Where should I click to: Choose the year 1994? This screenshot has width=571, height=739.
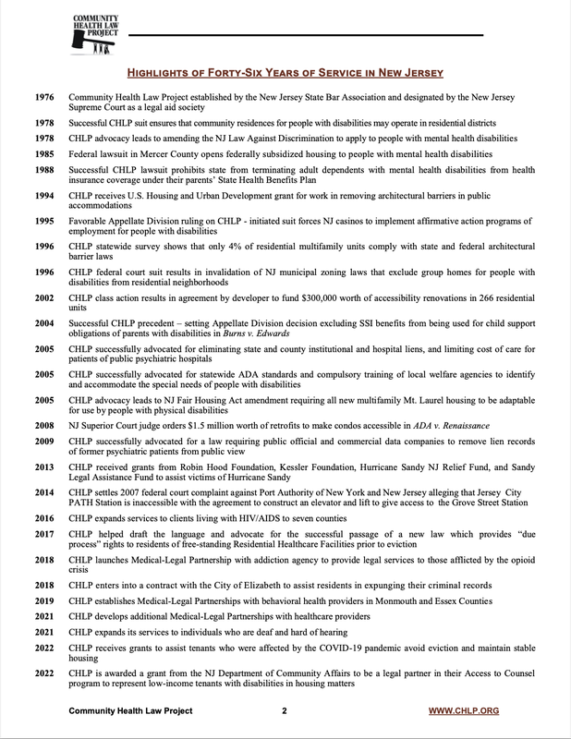[43, 197]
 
